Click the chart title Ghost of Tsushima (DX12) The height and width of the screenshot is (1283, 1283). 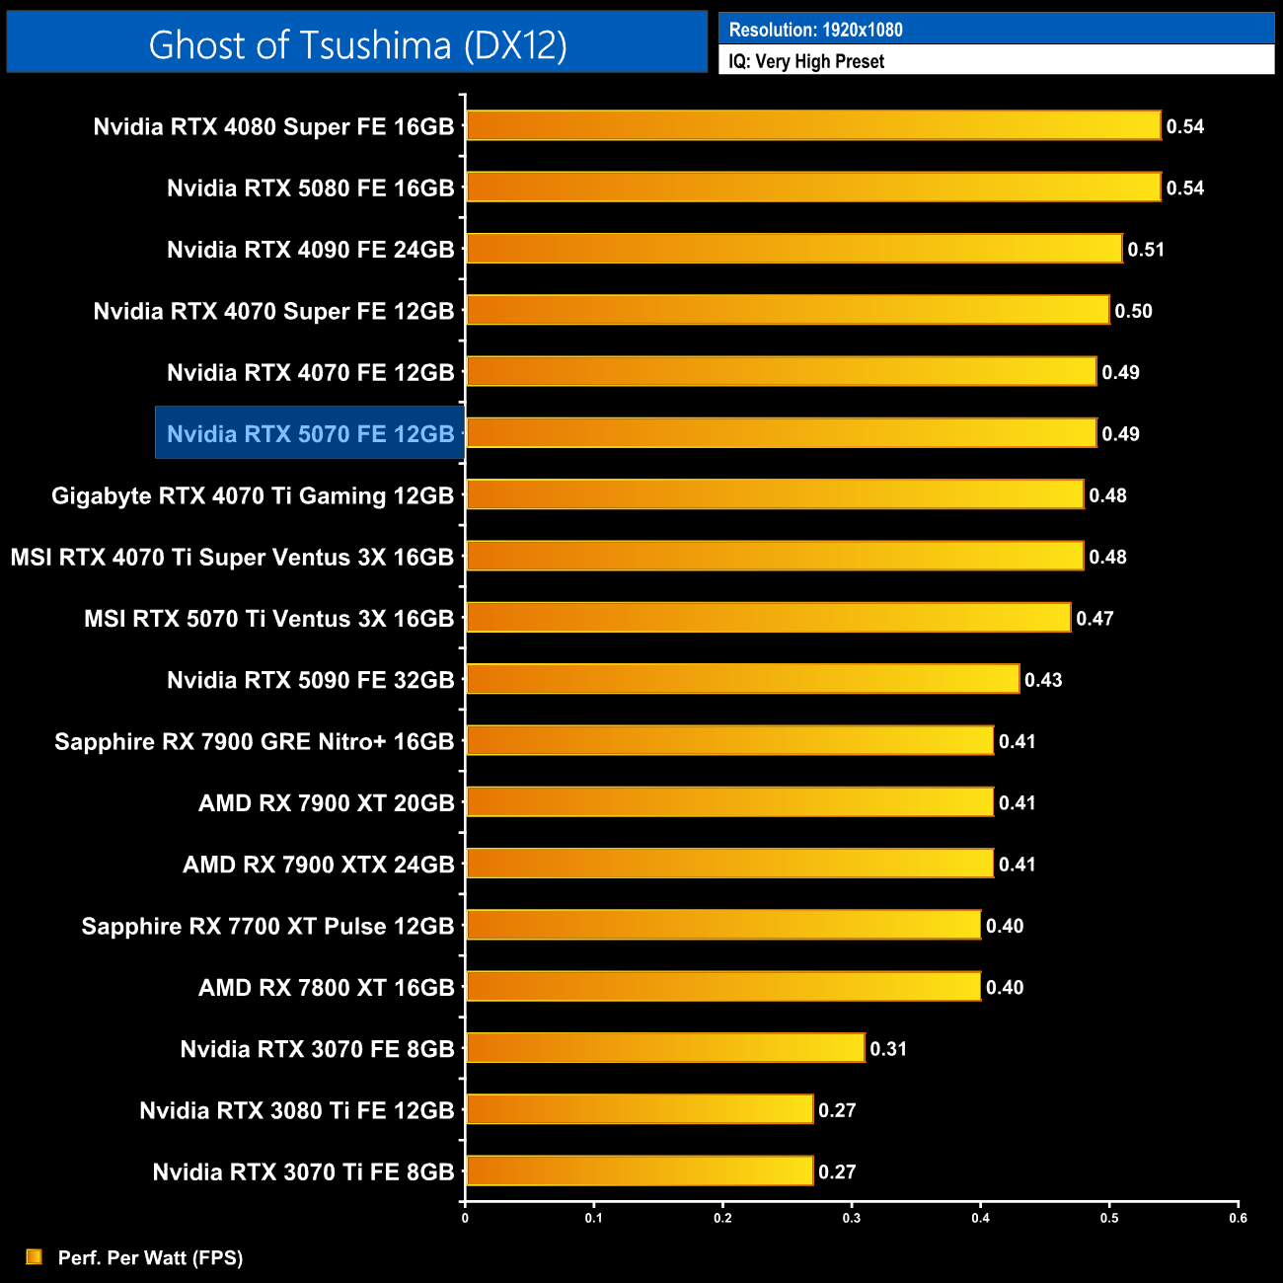[x=357, y=44]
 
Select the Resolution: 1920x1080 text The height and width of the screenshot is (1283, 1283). [x=815, y=30]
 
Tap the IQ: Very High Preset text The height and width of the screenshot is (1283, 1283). [x=806, y=61]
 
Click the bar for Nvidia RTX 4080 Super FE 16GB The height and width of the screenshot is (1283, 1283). [x=813, y=125]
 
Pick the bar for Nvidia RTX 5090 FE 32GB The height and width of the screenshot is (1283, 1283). [x=742, y=679]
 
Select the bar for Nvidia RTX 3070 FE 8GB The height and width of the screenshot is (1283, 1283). [x=665, y=1048]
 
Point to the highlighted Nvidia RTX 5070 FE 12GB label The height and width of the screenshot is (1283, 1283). [x=310, y=433]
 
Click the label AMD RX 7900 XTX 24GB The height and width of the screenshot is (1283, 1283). [x=319, y=865]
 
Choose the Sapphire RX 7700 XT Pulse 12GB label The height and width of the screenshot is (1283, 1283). [x=267, y=926]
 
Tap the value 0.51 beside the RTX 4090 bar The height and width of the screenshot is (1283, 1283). [x=1146, y=250]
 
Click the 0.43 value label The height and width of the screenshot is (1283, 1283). [x=1043, y=680]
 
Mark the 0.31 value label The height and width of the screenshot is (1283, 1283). [x=888, y=1049]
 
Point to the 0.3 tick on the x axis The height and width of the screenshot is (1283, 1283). [x=852, y=1218]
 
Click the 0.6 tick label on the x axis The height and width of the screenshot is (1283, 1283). [x=1238, y=1218]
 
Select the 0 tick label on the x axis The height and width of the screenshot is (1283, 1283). [x=465, y=1218]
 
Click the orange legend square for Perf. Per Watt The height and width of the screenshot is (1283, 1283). [x=35, y=1256]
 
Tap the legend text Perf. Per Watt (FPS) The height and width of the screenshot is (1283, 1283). [x=150, y=1257]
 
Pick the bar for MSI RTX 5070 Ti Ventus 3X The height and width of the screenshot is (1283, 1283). [x=768, y=618]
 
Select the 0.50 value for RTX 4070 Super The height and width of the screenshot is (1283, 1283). [x=1133, y=311]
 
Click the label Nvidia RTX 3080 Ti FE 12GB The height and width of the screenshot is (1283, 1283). [x=297, y=1110]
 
